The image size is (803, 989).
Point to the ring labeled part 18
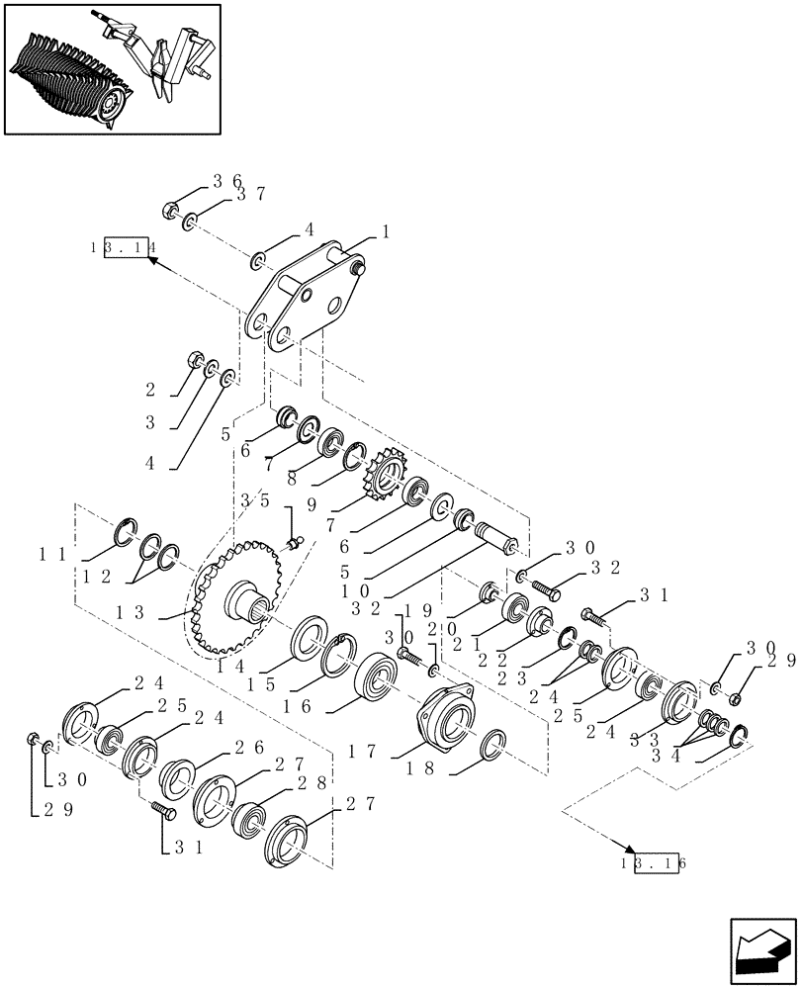pos(495,746)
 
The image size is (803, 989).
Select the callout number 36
pos(226,181)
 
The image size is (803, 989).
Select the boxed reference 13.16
pos(654,861)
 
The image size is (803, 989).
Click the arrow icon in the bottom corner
pos(760,948)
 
